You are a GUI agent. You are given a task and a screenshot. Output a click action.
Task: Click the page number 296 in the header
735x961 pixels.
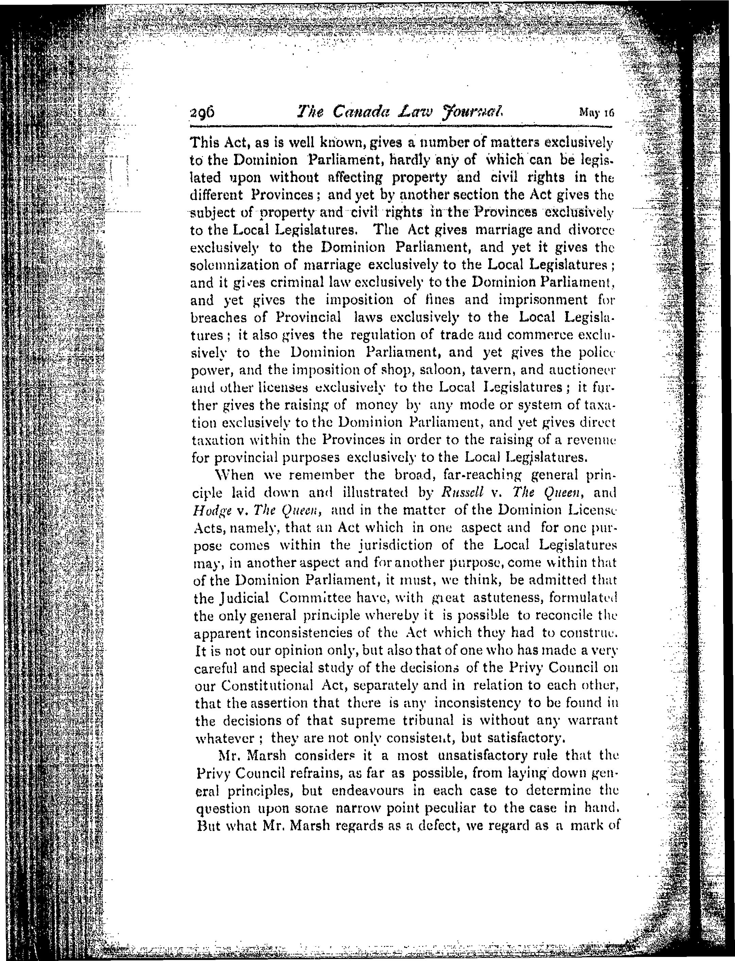(x=203, y=113)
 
